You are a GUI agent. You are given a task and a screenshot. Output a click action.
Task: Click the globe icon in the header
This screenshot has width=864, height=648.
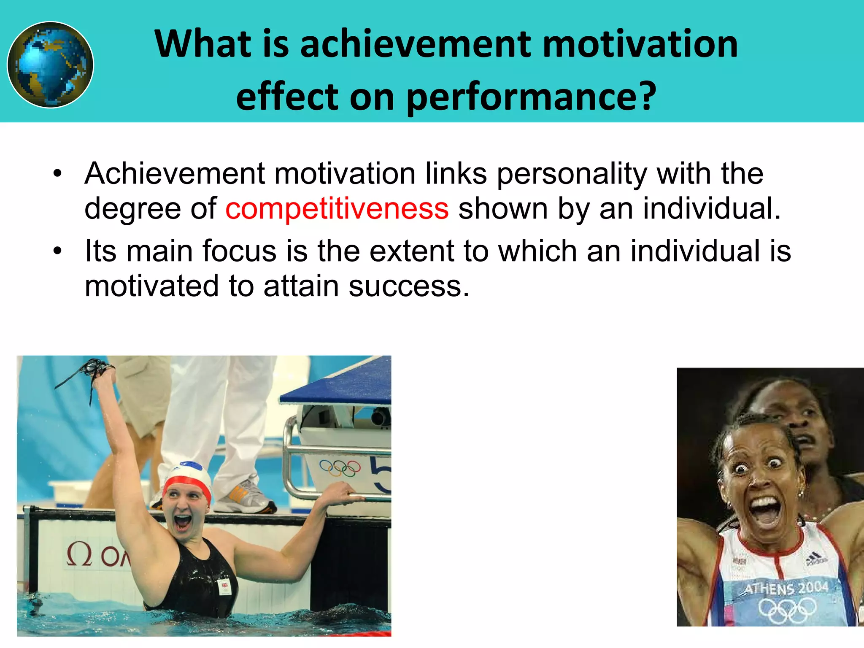(50, 65)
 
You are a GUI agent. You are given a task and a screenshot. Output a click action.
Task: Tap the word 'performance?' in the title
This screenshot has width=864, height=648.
(531, 97)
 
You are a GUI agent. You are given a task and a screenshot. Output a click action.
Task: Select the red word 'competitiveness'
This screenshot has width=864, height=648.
(337, 209)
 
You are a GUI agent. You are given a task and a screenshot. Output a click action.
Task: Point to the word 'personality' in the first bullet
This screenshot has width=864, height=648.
(572, 174)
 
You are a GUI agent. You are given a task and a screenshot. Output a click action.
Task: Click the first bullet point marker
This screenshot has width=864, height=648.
(57, 174)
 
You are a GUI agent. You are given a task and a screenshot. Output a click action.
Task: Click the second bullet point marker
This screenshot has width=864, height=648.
(57, 251)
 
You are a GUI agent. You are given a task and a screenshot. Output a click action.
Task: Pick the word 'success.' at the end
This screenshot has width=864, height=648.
(409, 286)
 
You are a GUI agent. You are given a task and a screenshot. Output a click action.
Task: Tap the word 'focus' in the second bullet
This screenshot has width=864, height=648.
(239, 251)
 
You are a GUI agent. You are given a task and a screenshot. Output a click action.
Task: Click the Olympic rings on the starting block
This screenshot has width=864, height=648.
(340, 468)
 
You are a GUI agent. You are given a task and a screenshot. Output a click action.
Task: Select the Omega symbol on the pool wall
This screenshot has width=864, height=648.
(79, 555)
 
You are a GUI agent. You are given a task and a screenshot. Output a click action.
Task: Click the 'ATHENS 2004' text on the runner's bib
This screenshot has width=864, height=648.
(786, 588)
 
